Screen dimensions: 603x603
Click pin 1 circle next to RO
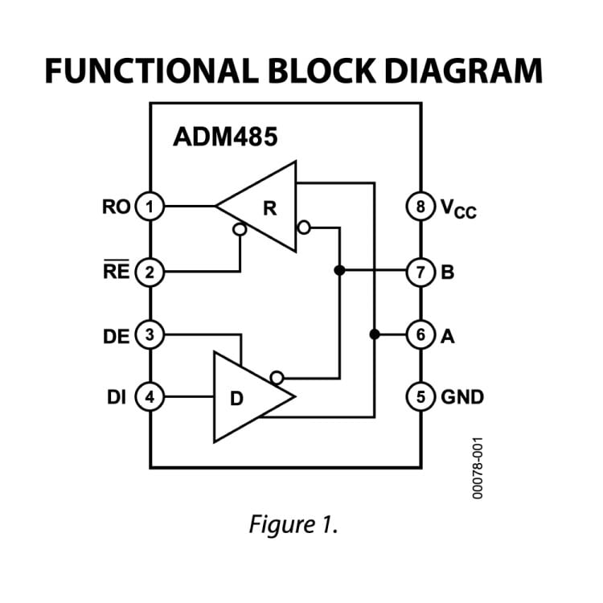tap(150, 207)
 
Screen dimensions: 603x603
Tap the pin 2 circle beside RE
tap(150, 272)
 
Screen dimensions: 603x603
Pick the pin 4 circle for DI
tap(150, 396)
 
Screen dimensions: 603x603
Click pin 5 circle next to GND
tap(420, 396)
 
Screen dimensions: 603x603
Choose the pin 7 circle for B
tap(420, 272)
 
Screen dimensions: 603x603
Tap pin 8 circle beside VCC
tap(420, 207)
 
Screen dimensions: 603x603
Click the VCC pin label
tap(457, 208)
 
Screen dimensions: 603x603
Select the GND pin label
tap(462, 396)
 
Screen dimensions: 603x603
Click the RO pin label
tap(116, 207)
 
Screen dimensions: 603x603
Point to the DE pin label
tap(117, 334)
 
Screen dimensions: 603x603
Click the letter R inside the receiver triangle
tap(270, 208)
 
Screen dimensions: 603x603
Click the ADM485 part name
tap(225, 137)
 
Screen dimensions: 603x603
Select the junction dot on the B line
tap(339, 271)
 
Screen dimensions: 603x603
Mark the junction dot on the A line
tap(374, 334)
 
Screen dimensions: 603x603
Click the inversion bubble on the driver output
tap(277, 376)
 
